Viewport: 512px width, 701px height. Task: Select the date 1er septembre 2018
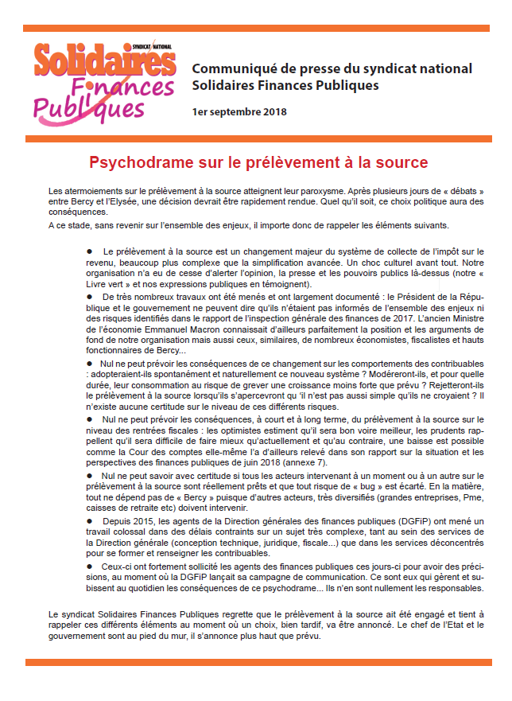click(239, 111)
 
